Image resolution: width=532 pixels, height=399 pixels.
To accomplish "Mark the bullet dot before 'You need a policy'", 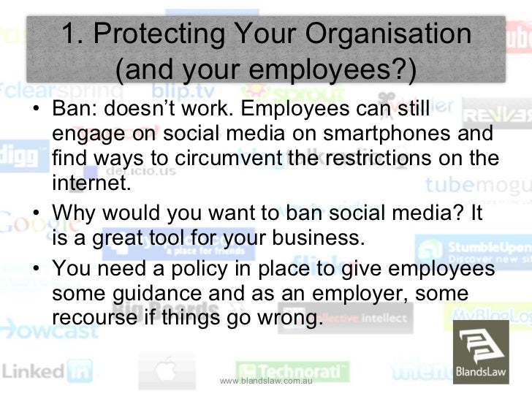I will [37, 272].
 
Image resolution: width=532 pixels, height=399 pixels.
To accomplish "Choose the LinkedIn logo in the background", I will [44, 370].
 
